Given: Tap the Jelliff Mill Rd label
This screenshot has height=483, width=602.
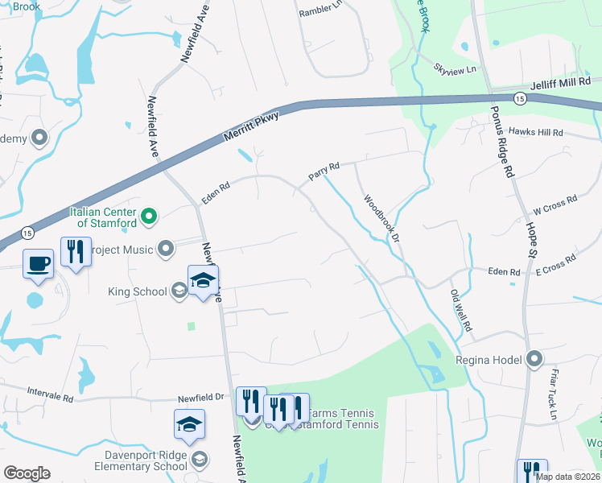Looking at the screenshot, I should tap(561, 82).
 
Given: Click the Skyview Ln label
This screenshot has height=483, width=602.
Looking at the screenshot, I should tap(455, 69).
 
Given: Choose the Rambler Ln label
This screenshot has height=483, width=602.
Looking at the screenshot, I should tap(320, 12).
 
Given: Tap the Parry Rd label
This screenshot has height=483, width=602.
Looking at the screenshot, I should tap(324, 171).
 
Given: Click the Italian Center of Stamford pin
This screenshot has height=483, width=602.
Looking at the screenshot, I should tap(148, 216).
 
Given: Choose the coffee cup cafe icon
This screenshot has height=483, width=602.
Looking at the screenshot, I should tap(39, 263).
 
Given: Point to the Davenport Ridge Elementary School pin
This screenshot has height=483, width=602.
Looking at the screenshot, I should tap(200, 460).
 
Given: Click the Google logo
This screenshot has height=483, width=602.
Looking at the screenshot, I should tap(27, 473).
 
